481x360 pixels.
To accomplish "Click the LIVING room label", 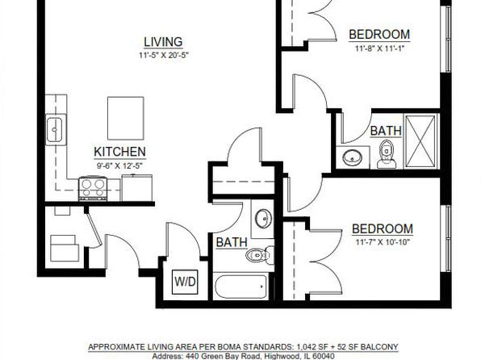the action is [163, 42].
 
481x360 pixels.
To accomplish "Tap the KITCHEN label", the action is [119, 152].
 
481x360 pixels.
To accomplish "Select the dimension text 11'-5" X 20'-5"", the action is [163, 56].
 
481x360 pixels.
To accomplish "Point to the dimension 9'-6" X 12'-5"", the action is [120, 166].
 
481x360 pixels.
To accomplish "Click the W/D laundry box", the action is [185, 282].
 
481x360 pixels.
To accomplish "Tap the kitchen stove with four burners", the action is [93, 188].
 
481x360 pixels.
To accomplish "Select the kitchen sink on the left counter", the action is [56, 129].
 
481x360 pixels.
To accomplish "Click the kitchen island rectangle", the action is [125, 118].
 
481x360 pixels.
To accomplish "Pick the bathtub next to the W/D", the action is [240, 287].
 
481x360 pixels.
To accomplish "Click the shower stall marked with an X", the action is [420, 141].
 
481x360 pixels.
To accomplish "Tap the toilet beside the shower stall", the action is [387, 153].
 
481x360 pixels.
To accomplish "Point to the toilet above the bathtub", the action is [260, 255].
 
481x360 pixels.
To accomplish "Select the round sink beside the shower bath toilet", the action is [352, 157].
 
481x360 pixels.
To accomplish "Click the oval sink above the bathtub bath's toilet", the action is [263, 219].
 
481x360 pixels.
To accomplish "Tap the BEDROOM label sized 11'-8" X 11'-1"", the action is [379, 35].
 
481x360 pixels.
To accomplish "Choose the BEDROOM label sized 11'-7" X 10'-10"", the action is [383, 229].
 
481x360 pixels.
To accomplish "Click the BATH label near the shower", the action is [386, 131].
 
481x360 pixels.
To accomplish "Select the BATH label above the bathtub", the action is [232, 242].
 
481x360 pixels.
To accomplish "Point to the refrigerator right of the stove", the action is [137, 187].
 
